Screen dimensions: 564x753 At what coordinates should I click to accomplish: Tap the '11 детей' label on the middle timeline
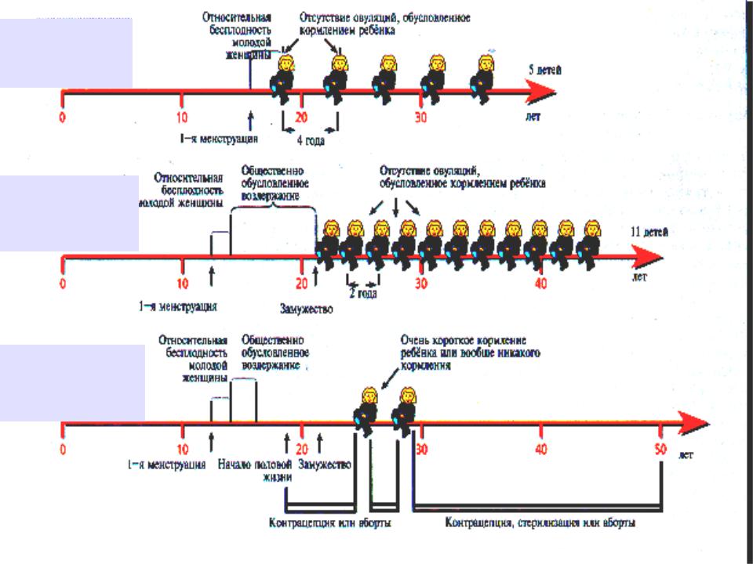coord(650,233)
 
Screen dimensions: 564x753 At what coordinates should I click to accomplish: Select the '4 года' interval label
coord(310,141)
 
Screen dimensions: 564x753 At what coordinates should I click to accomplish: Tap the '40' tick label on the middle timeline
coord(540,282)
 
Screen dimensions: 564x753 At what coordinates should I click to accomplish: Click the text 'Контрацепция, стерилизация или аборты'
coord(540,522)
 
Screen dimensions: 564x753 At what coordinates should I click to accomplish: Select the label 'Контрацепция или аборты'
coord(330,522)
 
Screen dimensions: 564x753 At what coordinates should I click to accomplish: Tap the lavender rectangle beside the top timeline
coord(66,52)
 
